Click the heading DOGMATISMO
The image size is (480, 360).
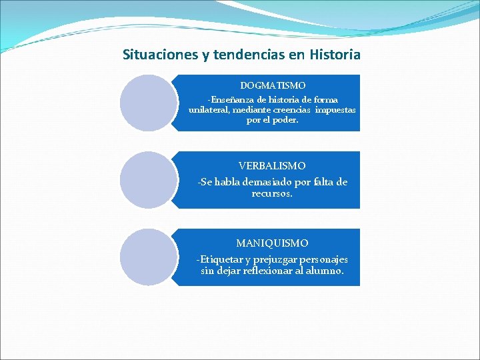273,85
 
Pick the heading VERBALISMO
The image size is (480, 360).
272,165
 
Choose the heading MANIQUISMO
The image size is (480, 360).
272,243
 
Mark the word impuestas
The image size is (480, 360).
335,109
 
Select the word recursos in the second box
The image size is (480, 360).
272,193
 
